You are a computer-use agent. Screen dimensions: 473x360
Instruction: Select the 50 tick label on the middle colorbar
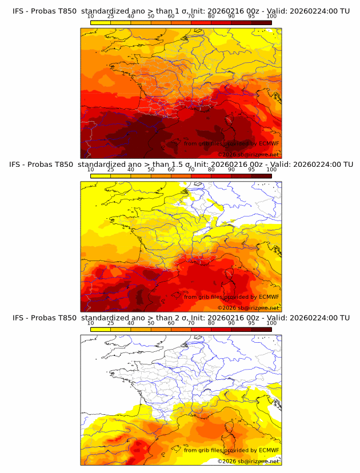pyautogui.click(x=151, y=170)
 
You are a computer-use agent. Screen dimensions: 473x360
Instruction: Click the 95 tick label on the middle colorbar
pyautogui.click(x=251, y=170)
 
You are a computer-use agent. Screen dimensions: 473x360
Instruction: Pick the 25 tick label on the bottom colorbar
pyautogui.click(x=110, y=323)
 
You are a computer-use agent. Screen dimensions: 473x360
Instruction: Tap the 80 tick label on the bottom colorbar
pyautogui.click(x=211, y=323)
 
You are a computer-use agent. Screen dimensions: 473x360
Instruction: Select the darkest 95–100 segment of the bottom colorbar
pyautogui.click(x=262, y=330)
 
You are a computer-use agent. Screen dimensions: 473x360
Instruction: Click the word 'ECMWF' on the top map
pyautogui.click(x=269, y=143)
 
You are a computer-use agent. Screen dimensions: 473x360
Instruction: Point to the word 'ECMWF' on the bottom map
pyautogui.click(x=269, y=450)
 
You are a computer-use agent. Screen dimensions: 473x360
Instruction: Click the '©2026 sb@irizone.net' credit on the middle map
pyautogui.click(x=249, y=307)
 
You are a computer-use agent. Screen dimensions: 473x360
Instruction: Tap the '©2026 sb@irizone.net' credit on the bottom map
pyautogui.click(x=249, y=460)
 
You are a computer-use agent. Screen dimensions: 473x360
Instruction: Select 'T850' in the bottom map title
pyautogui.click(x=66, y=318)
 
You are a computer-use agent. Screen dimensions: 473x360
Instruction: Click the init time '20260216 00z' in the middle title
pyautogui.click(x=225, y=165)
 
